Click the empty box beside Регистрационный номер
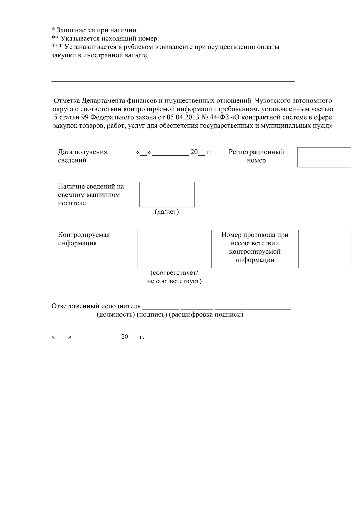coord(324,157)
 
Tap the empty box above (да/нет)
coord(166,194)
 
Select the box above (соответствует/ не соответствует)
coord(174,249)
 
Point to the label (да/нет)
coord(166,212)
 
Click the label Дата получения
coord(82,152)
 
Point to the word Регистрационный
coord(256,152)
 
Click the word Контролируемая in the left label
coord(84,235)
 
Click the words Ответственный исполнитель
coord(96,306)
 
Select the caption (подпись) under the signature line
coord(151,315)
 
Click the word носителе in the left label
coord(72,203)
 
